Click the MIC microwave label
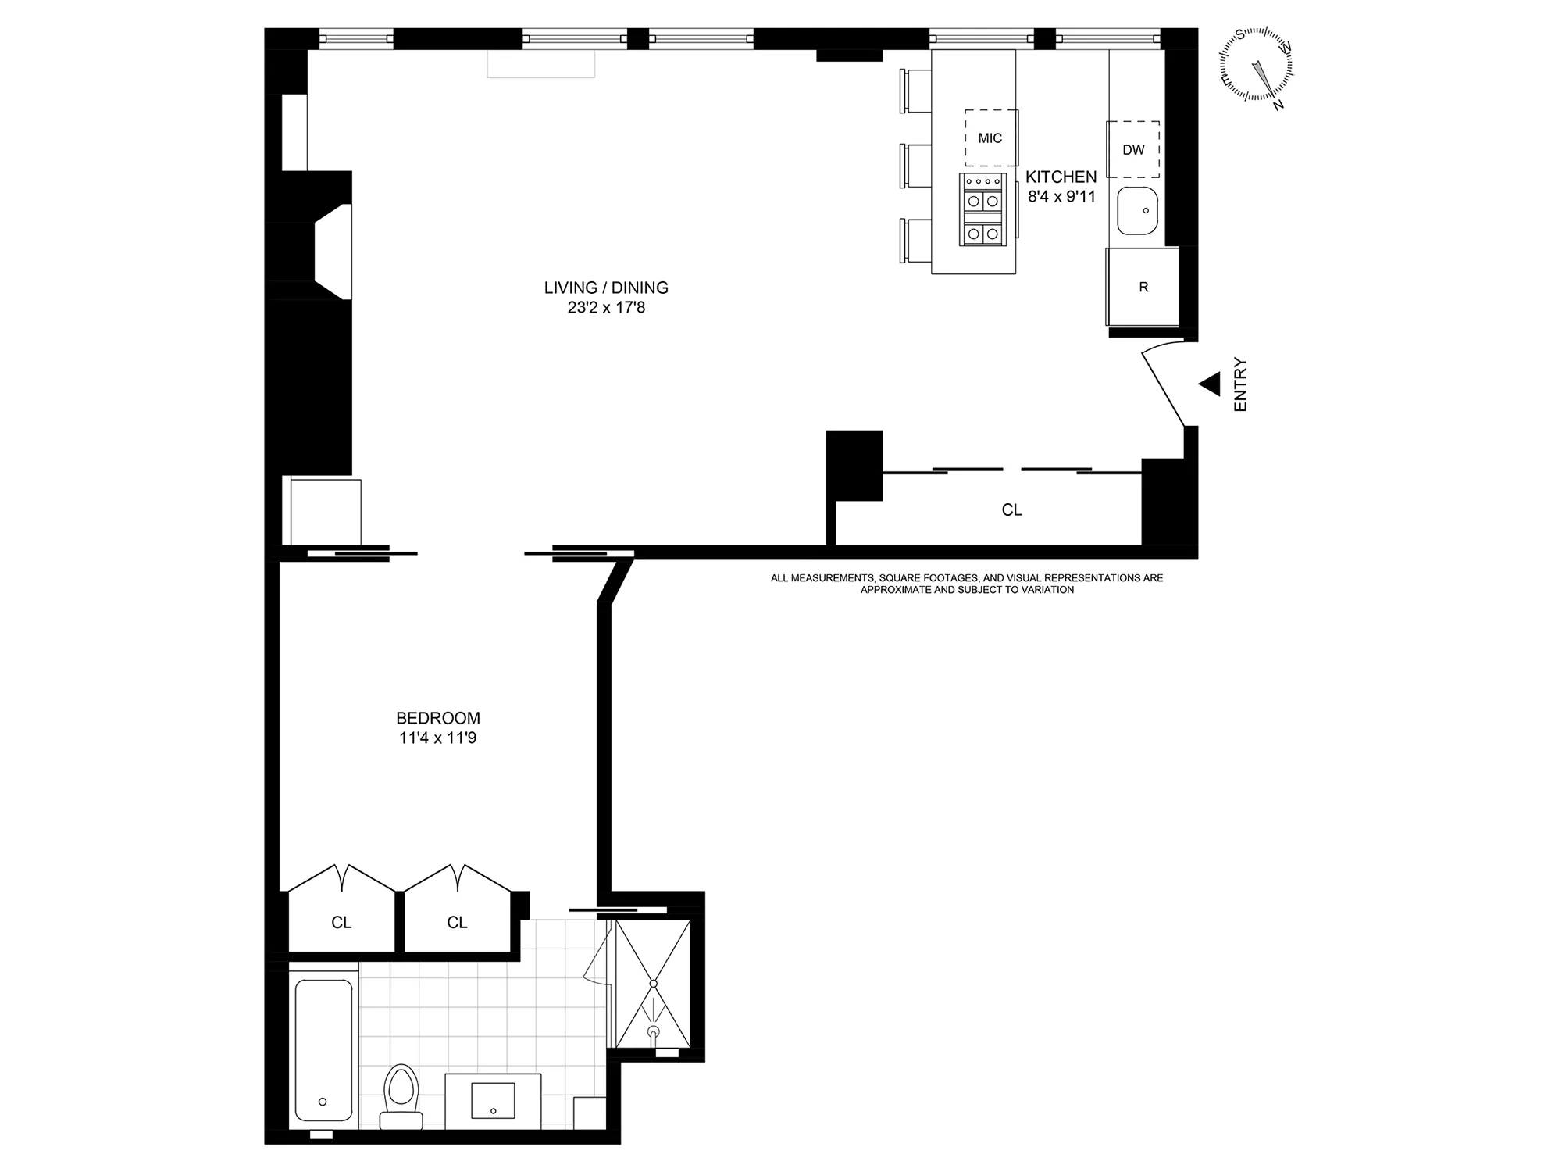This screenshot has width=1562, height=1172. click(x=990, y=138)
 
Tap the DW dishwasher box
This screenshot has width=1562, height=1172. click(x=1133, y=149)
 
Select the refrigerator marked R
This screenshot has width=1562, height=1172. click(x=1143, y=287)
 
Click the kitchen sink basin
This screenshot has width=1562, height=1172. click(x=1137, y=211)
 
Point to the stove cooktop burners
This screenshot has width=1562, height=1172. click(x=982, y=210)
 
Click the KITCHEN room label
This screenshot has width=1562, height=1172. click(x=1061, y=177)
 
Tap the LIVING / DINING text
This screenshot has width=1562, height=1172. click(x=606, y=288)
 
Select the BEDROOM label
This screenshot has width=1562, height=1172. click(x=437, y=718)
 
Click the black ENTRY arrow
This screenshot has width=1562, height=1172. click(x=1210, y=384)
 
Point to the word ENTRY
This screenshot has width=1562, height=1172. click(x=1240, y=384)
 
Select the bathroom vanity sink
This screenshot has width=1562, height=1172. click(x=493, y=1100)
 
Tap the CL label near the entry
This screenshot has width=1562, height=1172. click(x=1011, y=510)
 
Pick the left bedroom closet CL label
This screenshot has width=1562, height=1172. click(x=341, y=923)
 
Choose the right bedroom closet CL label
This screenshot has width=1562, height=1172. click(x=457, y=923)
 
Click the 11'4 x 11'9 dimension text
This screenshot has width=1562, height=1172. click(x=437, y=738)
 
